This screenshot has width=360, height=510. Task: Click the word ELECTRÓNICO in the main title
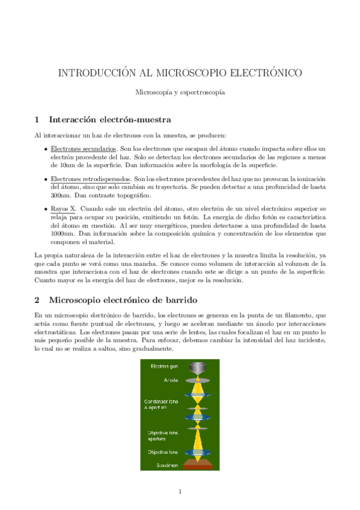262,73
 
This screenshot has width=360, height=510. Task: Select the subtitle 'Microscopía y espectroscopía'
180,93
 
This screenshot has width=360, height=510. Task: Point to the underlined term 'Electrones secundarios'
83,148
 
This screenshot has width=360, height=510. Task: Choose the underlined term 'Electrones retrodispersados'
90,179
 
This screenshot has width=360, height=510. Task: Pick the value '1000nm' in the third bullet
62,233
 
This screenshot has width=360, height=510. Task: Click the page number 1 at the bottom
180,491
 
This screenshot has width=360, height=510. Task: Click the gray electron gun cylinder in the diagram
198,368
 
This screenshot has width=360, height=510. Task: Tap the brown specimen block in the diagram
198,462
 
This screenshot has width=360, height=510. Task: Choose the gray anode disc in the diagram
198,381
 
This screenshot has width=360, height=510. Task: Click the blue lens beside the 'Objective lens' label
198,452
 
